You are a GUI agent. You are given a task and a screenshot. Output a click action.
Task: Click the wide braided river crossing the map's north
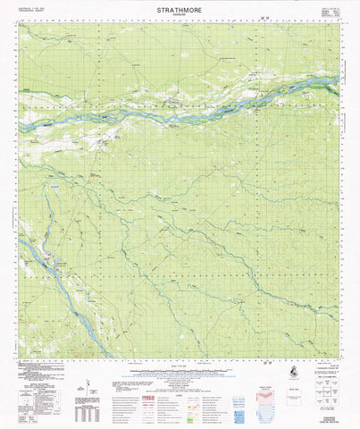(179, 102)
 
